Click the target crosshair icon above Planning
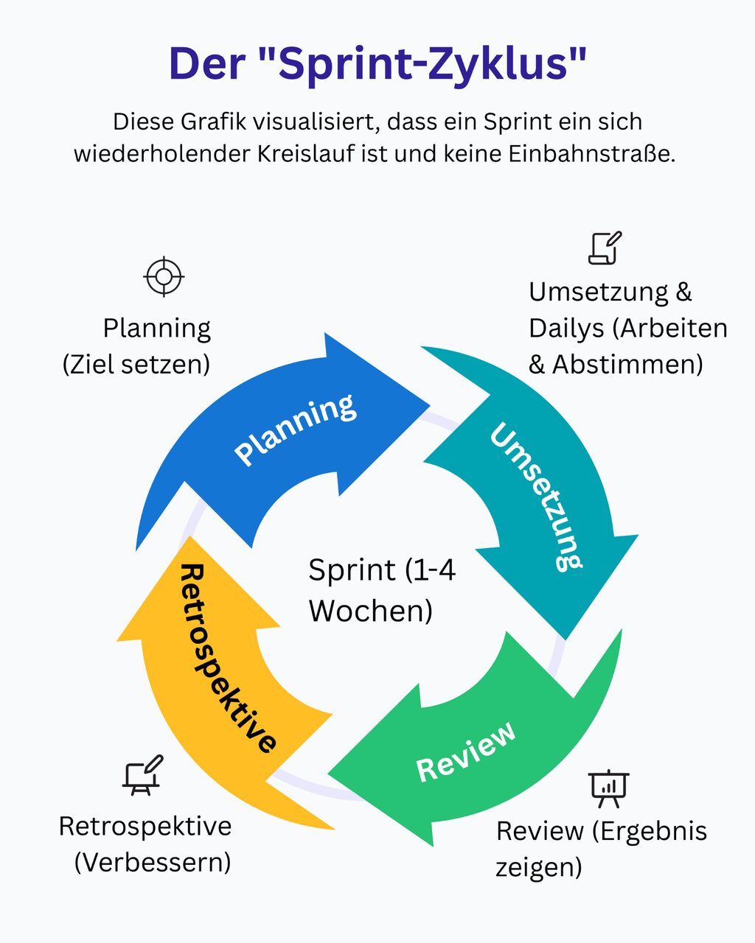pos(164,277)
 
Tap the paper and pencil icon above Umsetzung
pos(605,248)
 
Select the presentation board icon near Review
pos(608,788)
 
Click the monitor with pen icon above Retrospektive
pos(142,775)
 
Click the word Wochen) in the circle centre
pos(370,611)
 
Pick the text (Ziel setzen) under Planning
pos(136,364)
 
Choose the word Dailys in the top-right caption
pos(566,329)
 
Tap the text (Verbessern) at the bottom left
pos(153,861)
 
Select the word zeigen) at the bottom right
pos(538,867)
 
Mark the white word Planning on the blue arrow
pos(295,430)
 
